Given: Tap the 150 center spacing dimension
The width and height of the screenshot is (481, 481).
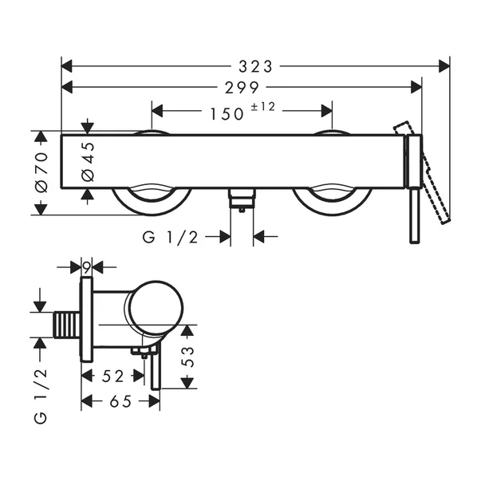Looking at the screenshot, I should [227, 114].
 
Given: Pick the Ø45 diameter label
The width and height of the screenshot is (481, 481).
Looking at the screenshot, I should [88, 161].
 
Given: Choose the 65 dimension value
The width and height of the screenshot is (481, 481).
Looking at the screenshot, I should [120, 403].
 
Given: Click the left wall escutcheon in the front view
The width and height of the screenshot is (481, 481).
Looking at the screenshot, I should [152, 199].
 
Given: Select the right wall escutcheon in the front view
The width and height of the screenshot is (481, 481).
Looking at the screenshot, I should [331, 199].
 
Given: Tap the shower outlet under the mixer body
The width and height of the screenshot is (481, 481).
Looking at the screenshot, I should [240, 198].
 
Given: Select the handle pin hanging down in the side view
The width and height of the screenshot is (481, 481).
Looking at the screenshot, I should [156, 371].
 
